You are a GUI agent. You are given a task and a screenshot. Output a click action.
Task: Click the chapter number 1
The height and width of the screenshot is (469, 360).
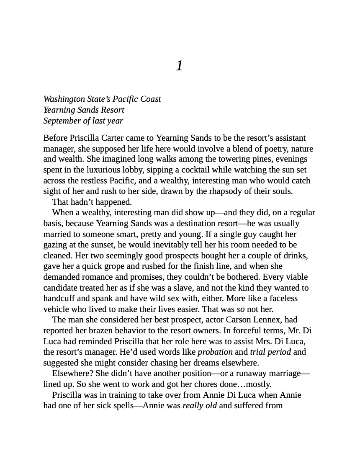[179, 66]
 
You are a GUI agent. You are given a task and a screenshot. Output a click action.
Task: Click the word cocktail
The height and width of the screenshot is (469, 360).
[229, 170]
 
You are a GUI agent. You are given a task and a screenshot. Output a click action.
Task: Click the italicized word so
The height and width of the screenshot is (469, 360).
[240, 309]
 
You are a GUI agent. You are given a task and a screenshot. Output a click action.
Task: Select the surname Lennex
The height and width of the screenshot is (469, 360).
[264, 320]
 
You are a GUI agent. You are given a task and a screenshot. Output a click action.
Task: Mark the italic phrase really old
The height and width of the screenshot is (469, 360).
[200, 405]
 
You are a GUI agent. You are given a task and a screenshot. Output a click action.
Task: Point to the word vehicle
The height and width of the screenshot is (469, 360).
[57, 309]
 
